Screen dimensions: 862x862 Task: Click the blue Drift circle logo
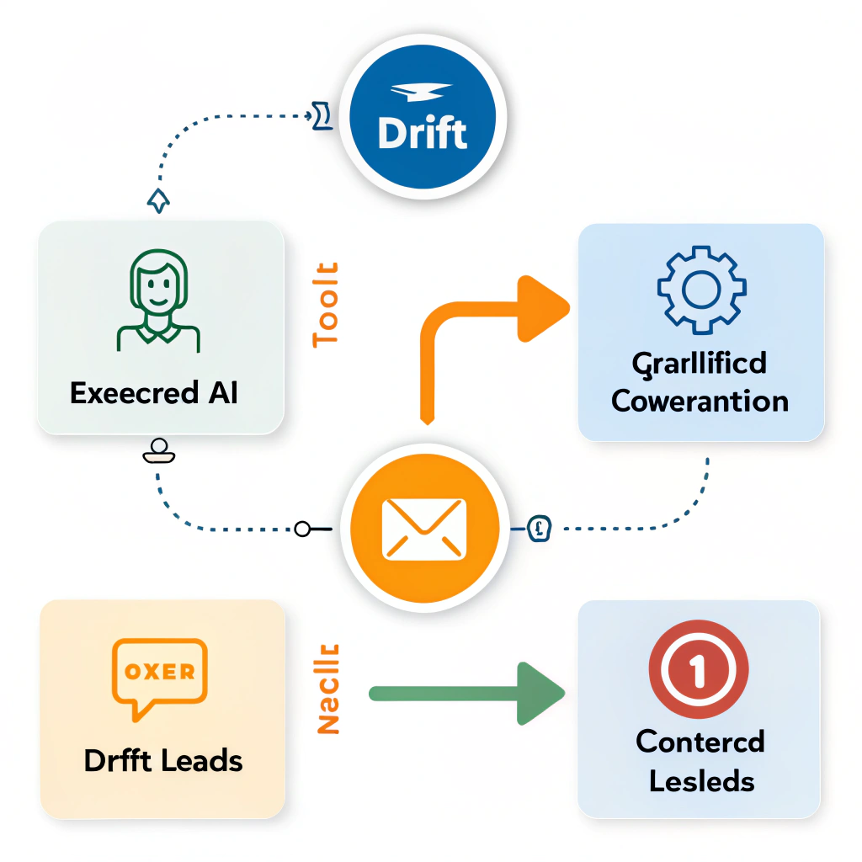click(x=423, y=126)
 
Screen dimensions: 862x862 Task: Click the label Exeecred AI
click(x=154, y=392)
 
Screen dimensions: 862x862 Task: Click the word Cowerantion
click(x=700, y=401)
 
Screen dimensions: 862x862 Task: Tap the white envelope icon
click(x=423, y=529)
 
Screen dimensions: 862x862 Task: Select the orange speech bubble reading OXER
click(x=159, y=674)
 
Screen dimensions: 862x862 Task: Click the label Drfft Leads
click(x=163, y=761)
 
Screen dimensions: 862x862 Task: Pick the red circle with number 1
click(x=698, y=670)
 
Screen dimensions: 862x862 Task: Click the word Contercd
click(x=700, y=742)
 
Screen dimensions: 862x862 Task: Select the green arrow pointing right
click(x=467, y=693)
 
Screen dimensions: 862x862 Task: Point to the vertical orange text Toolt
click(x=326, y=304)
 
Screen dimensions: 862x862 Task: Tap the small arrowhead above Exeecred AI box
click(x=158, y=200)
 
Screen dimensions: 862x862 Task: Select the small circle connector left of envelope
click(x=303, y=529)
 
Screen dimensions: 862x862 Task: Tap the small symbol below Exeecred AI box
click(x=158, y=452)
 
